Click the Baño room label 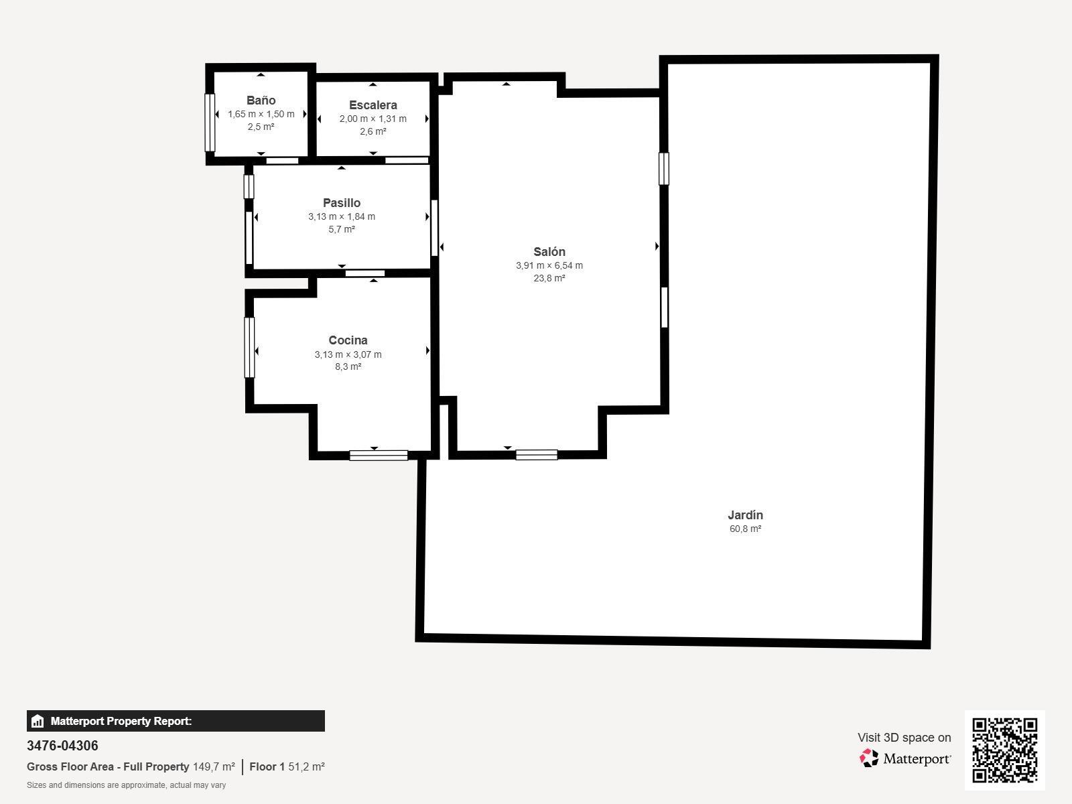(261, 100)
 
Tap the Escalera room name (373, 105)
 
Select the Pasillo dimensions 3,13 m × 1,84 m (342, 216)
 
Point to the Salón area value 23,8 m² (549, 278)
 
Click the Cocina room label (348, 340)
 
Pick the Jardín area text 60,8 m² (745, 529)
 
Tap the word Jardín (745, 515)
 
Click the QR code (1004, 750)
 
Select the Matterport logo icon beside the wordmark (869, 758)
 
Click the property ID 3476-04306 (62, 746)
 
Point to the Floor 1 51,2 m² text (287, 766)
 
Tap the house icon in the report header (38, 721)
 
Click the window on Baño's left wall (210, 123)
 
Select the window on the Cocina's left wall (249, 348)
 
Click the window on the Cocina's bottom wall (379, 456)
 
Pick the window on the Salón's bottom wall (537, 455)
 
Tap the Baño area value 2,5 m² (261, 127)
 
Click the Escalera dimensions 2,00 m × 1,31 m (373, 119)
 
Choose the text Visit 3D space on (904, 738)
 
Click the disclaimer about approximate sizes (126, 785)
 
